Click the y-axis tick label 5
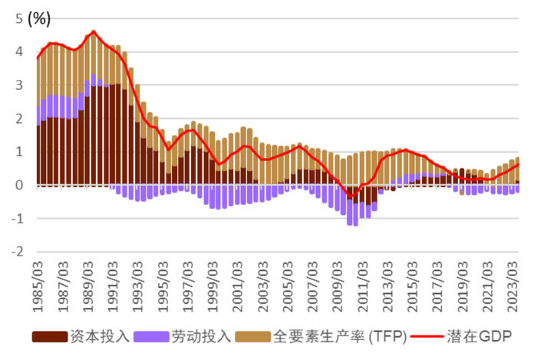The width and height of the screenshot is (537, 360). coord(18,19)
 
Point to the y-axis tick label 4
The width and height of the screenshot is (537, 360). coord(18,52)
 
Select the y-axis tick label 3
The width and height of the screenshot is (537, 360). coord(18,85)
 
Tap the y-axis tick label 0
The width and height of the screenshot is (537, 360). coord(18,185)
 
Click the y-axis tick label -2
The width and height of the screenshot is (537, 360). coord(16,252)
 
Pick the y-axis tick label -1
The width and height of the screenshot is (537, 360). coord(16,219)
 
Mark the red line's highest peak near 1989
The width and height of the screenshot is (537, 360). coord(94,31)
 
